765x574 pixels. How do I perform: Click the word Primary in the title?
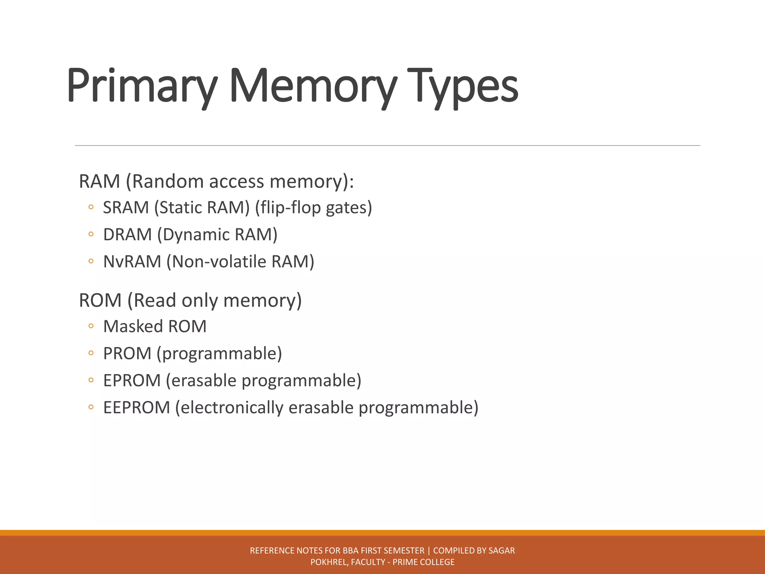pos(142,87)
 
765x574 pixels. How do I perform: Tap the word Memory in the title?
pos(312,87)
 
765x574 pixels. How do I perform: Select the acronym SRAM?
pos(126,208)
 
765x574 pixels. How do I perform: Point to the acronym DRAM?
pos(127,235)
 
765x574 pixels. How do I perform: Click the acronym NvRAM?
pos(132,262)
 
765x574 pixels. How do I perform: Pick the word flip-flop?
pos(290,208)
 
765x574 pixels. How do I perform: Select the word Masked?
pos(133,326)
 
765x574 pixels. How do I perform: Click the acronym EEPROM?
pos(136,407)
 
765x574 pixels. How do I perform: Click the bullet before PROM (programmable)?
pos(91,353)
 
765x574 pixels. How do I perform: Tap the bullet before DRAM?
pos(91,235)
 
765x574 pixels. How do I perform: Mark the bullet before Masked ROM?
pos(91,326)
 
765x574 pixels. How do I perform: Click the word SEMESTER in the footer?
pos(404,550)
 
